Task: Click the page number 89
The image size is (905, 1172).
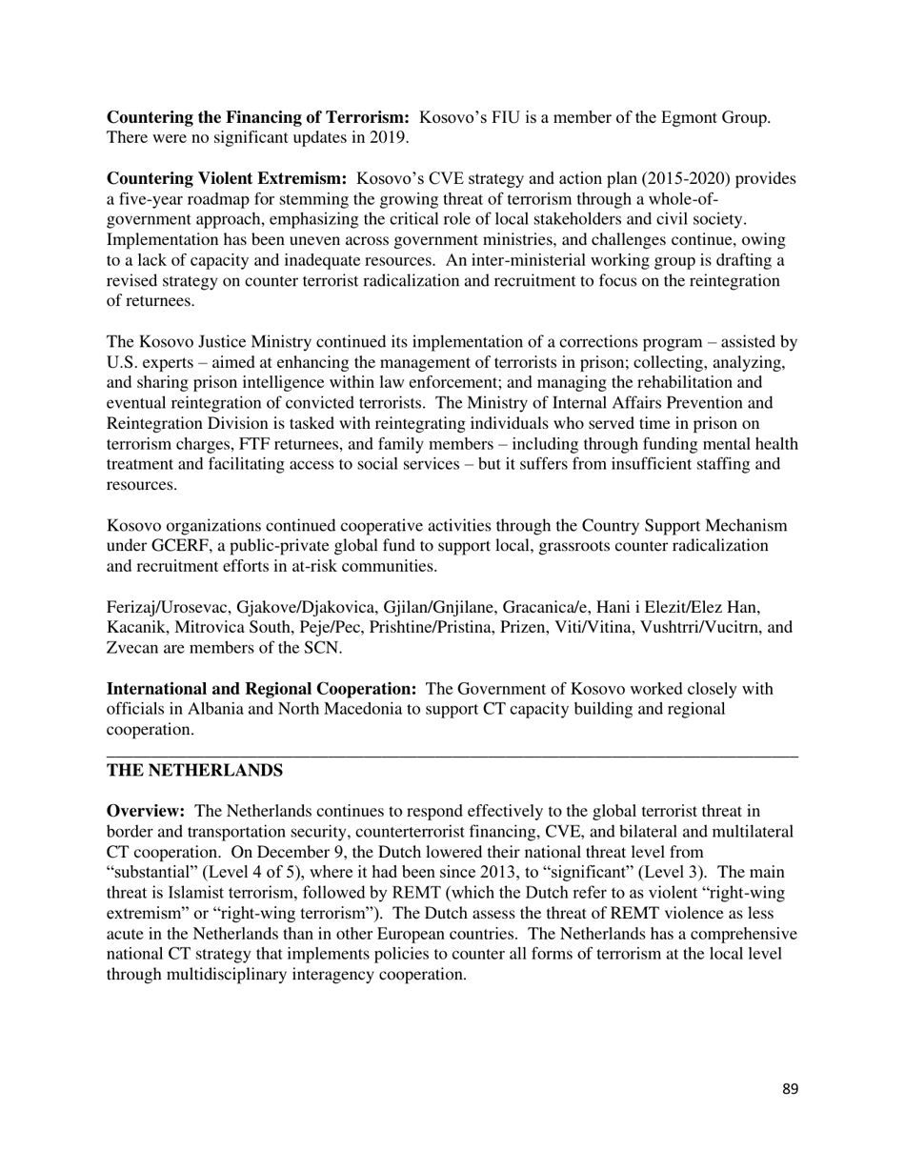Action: [790, 1089]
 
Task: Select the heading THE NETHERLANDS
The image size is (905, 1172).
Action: [194, 770]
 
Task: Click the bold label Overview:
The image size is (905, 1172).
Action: [146, 811]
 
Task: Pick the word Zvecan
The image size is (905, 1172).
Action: [131, 648]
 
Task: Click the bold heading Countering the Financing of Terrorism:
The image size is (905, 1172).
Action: [258, 117]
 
